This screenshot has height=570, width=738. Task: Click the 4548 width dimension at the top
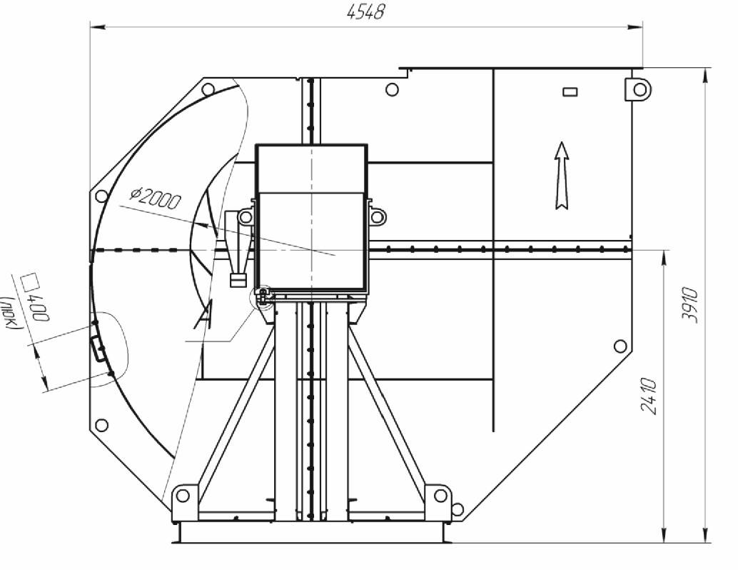coord(365,11)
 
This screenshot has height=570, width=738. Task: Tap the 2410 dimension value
coord(649,395)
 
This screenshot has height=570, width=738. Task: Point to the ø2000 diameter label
coord(155,199)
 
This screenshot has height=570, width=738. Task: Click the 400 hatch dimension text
coord(39,307)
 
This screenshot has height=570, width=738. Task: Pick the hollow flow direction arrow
coord(562,175)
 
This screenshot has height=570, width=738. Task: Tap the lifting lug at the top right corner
coord(638,89)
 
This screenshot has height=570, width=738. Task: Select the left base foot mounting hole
coord(183,495)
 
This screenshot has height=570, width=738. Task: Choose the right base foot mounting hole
coord(440,495)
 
